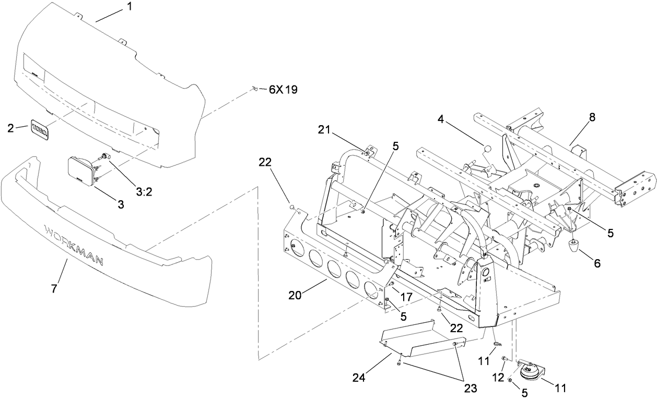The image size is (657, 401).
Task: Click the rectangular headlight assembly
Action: click(81, 172)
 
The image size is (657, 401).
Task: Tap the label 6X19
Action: click(283, 90)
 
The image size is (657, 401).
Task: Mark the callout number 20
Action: click(295, 296)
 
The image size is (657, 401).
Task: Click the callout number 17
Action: click(406, 296)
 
